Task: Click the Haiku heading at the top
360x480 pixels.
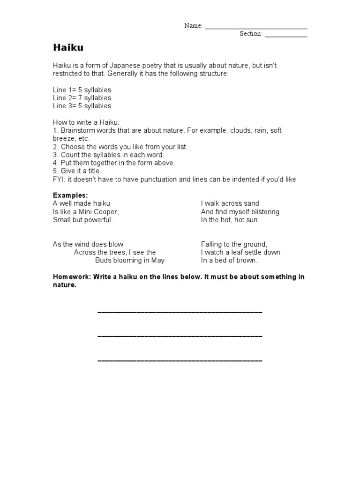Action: [68, 48]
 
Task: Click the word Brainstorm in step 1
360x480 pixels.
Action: [76, 130]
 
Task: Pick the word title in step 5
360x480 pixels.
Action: [92, 171]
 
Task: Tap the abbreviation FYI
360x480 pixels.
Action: [59, 180]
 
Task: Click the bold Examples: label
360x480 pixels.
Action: [70, 195]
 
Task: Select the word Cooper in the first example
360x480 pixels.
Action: [107, 212]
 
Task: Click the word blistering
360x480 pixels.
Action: [262, 212]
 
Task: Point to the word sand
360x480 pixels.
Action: [251, 203]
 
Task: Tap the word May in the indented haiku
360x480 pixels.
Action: [158, 260]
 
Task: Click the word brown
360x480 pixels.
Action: [248, 260]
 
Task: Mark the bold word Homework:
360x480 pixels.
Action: [72, 277]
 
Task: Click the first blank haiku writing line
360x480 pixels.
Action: [180, 312]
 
